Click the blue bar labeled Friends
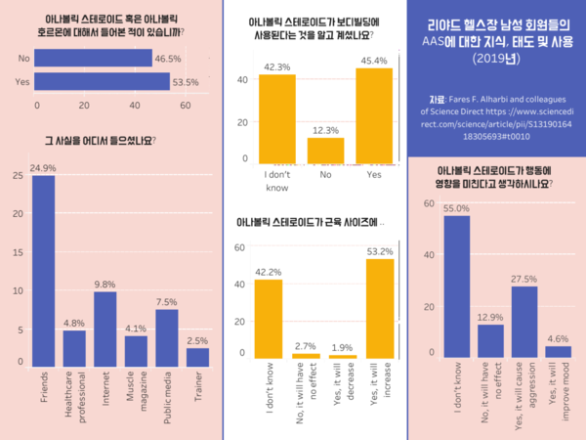coord(43,269)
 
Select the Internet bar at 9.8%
coord(105,329)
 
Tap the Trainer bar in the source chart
coord(197,356)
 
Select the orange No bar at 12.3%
coord(325,151)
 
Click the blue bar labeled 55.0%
coord(456,284)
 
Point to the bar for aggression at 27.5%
coord(524,319)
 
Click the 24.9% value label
coord(43,168)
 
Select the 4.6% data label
coord(559,338)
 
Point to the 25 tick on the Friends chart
coord(18,175)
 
